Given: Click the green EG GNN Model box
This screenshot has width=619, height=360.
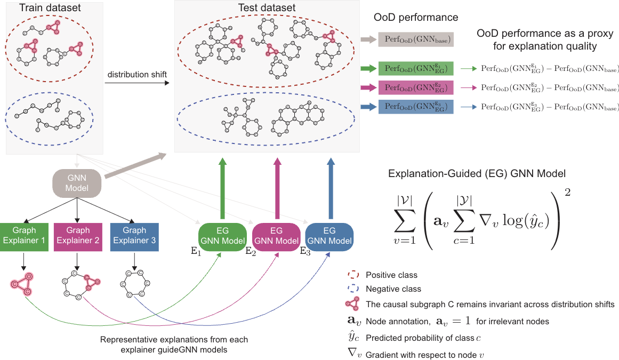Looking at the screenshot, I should [222, 236].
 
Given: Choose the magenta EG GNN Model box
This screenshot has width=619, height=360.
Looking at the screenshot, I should [276, 236].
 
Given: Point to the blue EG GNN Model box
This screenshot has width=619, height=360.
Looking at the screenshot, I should [329, 236].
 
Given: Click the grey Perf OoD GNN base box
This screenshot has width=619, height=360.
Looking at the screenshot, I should [416, 39].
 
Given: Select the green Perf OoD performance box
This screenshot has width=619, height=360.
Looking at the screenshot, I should [416, 68].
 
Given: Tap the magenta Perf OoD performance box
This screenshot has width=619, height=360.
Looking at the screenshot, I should [416, 87].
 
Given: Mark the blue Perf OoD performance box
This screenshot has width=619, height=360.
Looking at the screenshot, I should [416, 107].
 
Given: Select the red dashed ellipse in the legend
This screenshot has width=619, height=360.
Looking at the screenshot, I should [351, 276].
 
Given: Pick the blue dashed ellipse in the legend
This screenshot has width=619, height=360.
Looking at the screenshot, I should [351, 289].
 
